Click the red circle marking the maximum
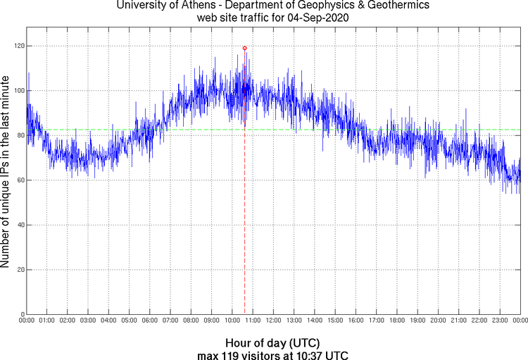[244, 48]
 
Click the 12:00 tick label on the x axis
[273, 320]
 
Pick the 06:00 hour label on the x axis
[150, 320]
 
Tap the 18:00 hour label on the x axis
[396, 320]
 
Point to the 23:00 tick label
[499, 320]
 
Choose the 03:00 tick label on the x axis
[88, 320]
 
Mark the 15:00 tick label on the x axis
[335, 320]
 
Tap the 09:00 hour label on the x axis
[211, 320]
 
